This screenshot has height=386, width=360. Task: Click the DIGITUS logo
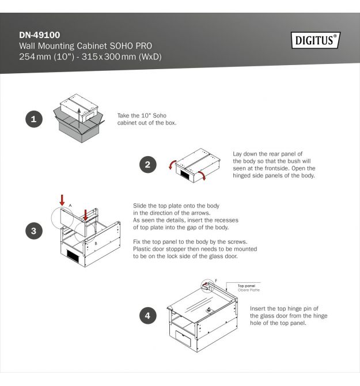click(x=316, y=40)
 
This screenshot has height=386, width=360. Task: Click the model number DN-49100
click(x=40, y=35)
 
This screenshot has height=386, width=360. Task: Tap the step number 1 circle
click(x=34, y=119)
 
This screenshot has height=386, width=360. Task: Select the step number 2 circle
click(x=148, y=164)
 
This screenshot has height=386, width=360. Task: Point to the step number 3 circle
click(x=34, y=231)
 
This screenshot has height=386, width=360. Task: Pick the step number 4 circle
click(x=148, y=316)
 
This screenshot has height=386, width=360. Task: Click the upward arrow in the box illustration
click(x=79, y=118)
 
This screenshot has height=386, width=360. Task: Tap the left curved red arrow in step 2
click(x=172, y=164)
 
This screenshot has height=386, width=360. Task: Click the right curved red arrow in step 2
click(x=202, y=176)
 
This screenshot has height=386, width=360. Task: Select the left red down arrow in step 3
click(x=62, y=200)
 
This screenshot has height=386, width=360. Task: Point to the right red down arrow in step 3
click(x=85, y=215)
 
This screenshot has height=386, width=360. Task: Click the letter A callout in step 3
click(x=70, y=205)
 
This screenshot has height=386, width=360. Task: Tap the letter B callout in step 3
click(x=96, y=244)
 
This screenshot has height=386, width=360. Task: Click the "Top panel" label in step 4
click(x=247, y=286)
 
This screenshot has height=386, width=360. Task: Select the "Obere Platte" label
click(x=248, y=290)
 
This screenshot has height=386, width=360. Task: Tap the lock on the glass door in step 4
click(x=209, y=311)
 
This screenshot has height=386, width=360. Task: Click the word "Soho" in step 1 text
click(x=160, y=115)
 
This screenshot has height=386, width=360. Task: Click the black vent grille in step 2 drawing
click(x=186, y=175)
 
